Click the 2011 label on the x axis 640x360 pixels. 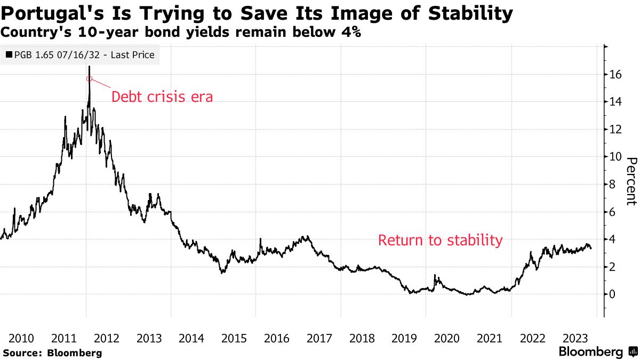pos(64,338)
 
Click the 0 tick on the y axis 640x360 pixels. pos(613,294)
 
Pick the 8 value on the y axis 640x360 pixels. pos(613,185)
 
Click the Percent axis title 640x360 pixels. pos(631,181)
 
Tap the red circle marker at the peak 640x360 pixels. pos(89,79)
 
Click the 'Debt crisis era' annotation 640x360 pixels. pos(162,97)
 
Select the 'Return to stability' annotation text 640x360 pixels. pos(440,240)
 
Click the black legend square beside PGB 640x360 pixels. pos(10,55)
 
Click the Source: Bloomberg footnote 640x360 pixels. pos(52,353)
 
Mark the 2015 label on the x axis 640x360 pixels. pos(234,338)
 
